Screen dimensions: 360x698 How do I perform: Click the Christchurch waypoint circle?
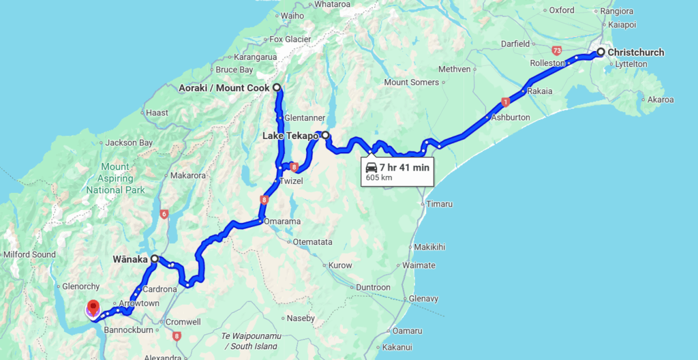point(601,52)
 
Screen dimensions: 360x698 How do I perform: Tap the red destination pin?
point(93,308)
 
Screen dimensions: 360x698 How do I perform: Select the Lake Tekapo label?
point(290,136)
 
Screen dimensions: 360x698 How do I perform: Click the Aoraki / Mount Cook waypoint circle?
point(277,88)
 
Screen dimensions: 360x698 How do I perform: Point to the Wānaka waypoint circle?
point(155,259)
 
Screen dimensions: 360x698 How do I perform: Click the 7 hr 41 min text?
point(405,167)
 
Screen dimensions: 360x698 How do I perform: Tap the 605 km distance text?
point(379,178)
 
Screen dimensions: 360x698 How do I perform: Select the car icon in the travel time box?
point(371,167)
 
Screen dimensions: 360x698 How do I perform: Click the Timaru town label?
point(439,204)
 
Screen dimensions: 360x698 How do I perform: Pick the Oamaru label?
point(408,331)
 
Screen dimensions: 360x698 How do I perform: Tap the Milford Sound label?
point(29,254)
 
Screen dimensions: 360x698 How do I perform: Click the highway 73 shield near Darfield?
point(557,50)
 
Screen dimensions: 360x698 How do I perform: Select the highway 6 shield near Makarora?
point(163,213)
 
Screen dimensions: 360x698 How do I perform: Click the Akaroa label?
point(661,100)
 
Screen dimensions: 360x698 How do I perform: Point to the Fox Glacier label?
point(290,39)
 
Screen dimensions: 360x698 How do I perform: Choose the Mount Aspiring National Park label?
point(115,178)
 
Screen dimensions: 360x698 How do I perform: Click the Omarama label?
point(282,222)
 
